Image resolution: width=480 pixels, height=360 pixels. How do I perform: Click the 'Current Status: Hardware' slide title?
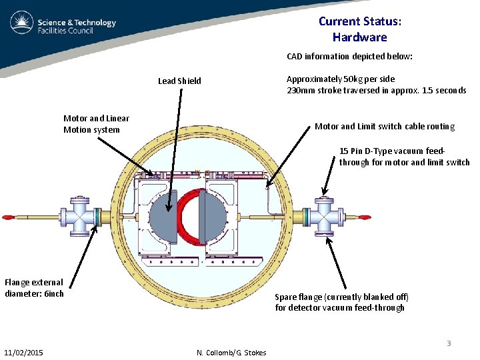pyautogui.click(x=359, y=29)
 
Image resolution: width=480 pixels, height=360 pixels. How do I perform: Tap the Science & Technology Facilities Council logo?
pyautogui.click(x=63, y=26)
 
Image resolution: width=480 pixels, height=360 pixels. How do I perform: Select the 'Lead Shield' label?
pyautogui.click(x=179, y=81)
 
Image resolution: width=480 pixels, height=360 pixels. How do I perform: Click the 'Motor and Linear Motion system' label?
pyautogui.click(x=96, y=124)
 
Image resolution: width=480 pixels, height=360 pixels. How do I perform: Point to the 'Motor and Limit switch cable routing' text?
pyautogui.click(x=385, y=126)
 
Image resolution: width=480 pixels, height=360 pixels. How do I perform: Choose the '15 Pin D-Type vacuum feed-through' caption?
pyautogui.click(x=404, y=157)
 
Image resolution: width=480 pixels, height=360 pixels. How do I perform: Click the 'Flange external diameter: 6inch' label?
pyautogui.click(x=35, y=288)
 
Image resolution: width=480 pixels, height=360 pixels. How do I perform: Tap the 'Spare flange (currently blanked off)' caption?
pyautogui.click(x=342, y=302)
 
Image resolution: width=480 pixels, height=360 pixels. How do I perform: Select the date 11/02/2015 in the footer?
pyautogui.click(x=23, y=352)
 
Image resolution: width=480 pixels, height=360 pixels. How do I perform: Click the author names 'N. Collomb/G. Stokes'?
pyautogui.click(x=231, y=353)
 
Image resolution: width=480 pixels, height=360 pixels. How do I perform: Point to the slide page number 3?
pyautogui.click(x=449, y=343)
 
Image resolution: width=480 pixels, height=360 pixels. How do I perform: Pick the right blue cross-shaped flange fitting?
pyautogui.click(x=325, y=217)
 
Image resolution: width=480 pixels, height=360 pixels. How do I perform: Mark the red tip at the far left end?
pyautogui.click(x=9, y=217)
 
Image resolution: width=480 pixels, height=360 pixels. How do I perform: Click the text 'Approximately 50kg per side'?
pyautogui.click(x=341, y=79)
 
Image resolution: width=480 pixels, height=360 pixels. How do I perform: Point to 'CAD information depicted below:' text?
pyautogui.click(x=350, y=57)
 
